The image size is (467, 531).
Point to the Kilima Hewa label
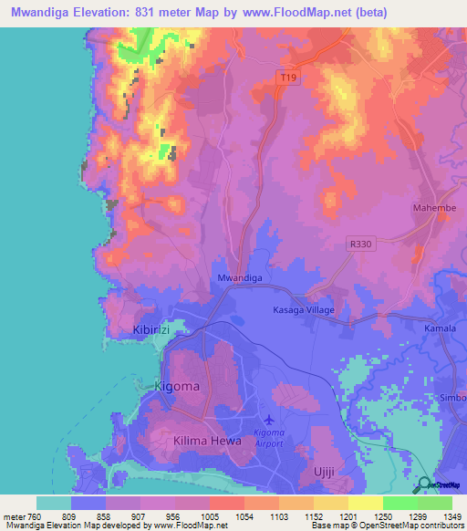click(x=207, y=441)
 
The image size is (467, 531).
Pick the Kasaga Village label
click(x=304, y=310)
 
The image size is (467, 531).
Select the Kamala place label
click(x=441, y=328)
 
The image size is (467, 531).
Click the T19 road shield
click(x=287, y=78)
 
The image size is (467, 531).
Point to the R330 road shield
click(x=361, y=244)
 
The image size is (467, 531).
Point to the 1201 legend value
click(x=348, y=516)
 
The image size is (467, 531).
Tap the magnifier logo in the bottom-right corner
click(x=424, y=485)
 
